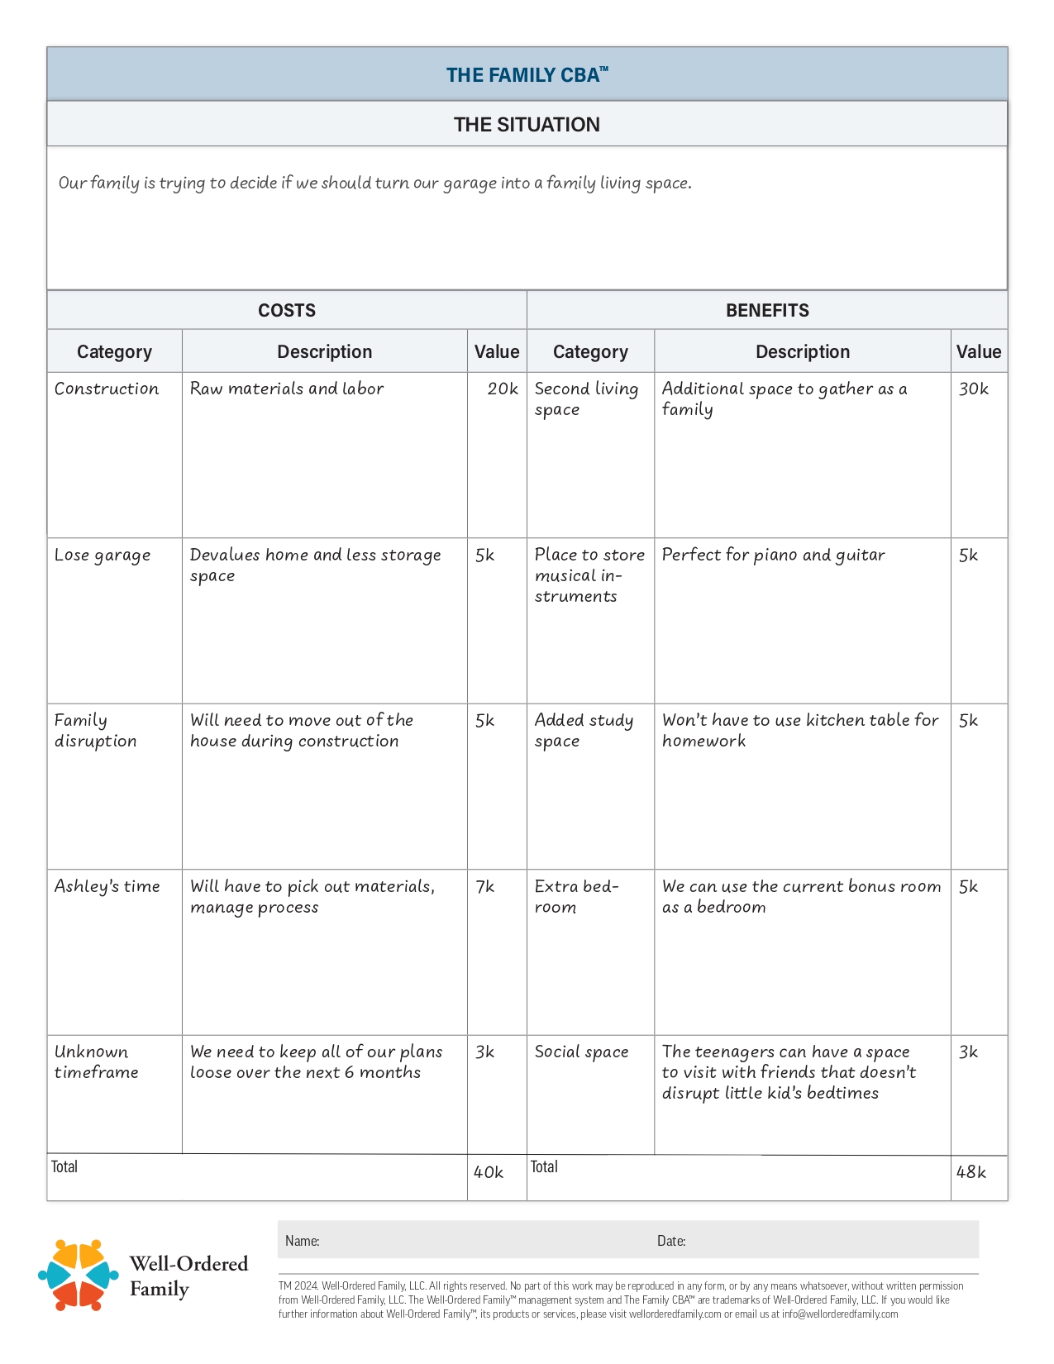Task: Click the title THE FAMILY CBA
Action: pyautogui.click(x=527, y=75)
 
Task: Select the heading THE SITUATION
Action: pyautogui.click(x=527, y=125)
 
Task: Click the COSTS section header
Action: pyautogui.click(x=287, y=311)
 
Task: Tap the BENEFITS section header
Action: pyautogui.click(x=767, y=311)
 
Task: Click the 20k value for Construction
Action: pyautogui.click(x=502, y=389)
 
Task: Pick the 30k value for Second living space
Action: pyautogui.click(x=973, y=389)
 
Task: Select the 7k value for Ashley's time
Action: pyautogui.click(x=485, y=886)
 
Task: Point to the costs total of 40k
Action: pyautogui.click(x=488, y=1172)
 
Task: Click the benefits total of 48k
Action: pyautogui.click(x=971, y=1172)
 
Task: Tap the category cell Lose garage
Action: pyautogui.click(x=103, y=555)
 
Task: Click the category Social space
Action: pyautogui.click(x=581, y=1052)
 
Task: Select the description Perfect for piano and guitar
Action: pyautogui.click(x=773, y=555)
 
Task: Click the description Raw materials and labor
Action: pyautogui.click(x=287, y=389)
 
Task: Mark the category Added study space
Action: pyautogui.click(x=584, y=730)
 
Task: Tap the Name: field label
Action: pyautogui.click(x=303, y=1241)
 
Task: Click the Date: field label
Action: pyautogui.click(x=671, y=1241)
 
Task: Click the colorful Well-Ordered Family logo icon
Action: pyautogui.click(x=79, y=1275)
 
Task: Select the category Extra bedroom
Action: pyautogui.click(x=576, y=896)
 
